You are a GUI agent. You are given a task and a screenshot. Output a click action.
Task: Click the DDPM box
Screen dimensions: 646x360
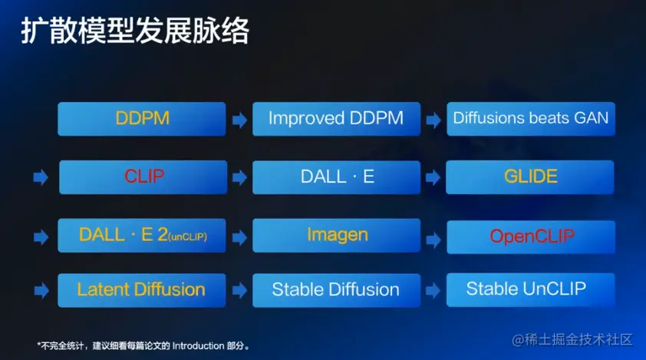[x=142, y=119]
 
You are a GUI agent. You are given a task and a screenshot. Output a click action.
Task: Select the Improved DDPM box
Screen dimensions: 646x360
[x=336, y=119]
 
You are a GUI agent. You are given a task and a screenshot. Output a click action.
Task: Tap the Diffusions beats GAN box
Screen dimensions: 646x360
[x=531, y=119]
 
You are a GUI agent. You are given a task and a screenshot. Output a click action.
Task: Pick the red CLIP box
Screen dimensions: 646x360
[x=143, y=177]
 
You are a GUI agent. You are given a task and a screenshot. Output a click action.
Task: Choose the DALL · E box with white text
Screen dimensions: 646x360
[x=336, y=177]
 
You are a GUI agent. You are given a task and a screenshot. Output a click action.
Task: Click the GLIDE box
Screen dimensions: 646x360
[x=530, y=177]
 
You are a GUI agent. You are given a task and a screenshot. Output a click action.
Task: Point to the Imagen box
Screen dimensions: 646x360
[x=336, y=236]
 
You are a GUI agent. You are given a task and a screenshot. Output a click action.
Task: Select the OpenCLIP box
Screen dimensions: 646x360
[x=531, y=237]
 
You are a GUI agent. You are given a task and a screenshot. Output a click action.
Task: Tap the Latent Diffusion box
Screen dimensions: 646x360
[x=142, y=290]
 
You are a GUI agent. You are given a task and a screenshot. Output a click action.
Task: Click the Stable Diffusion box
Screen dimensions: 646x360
[x=336, y=290]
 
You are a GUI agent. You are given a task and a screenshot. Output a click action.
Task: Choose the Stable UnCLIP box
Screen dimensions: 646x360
[x=531, y=290]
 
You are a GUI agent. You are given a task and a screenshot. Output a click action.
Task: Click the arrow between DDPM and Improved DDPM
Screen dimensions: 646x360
[x=239, y=121]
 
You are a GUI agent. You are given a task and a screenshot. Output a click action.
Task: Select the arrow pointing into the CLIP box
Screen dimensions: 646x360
[x=41, y=178]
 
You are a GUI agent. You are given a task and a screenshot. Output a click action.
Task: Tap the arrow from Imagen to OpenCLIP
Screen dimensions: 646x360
[x=433, y=239]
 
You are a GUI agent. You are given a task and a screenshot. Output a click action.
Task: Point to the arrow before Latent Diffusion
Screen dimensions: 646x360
[x=41, y=291]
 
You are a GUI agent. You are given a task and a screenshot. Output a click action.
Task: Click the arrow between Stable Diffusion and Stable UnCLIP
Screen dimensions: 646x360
[x=433, y=291]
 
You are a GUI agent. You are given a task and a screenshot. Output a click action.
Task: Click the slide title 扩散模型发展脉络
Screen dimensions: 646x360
[x=135, y=31]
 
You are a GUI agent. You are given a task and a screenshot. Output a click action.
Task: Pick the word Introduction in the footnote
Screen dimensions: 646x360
[x=198, y=345]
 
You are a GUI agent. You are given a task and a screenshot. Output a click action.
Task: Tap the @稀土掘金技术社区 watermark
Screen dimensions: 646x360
[x=572, y=340]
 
